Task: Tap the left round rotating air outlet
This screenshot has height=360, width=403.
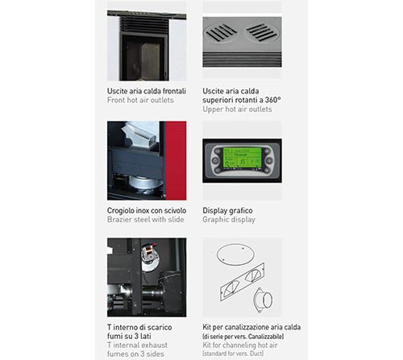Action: (x=220, y=33)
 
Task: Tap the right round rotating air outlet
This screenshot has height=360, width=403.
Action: (x=262, y=33)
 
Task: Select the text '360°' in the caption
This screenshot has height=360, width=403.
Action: (x=272, y=100)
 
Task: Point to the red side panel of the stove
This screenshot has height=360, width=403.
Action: (x=176, y=160)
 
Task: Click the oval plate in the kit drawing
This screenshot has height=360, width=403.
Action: (x=235, y=254)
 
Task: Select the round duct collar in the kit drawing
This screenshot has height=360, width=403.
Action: (x=263, y=300)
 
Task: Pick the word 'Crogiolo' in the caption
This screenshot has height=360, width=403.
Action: (x=120, y=211)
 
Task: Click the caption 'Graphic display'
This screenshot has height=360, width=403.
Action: (x=229, y=220)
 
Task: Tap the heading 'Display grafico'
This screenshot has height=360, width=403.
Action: (x=227, y=210)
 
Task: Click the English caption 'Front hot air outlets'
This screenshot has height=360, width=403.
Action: (x=140, y=100)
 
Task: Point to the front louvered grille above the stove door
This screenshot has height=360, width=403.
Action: (x=144, y=25)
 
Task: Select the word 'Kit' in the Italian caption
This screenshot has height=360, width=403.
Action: (x=206, y=327)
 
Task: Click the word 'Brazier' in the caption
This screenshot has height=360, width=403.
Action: (x=119, y=220)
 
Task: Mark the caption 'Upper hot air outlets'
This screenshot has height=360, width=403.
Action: (x=237, y=110)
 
